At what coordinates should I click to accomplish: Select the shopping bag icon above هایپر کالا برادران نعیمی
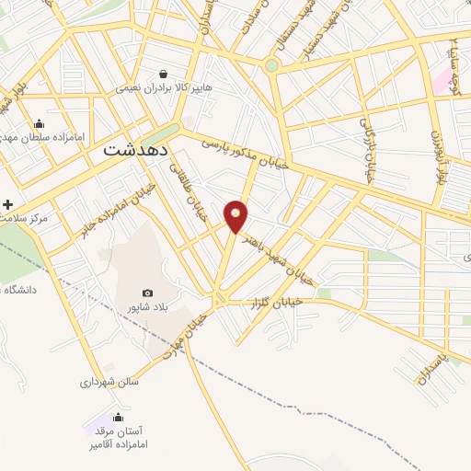pos(163,74)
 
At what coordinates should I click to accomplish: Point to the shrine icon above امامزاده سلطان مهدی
pos(39,124)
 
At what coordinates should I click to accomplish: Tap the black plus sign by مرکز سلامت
pos(8,203)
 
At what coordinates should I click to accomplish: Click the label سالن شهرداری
pos(109,381)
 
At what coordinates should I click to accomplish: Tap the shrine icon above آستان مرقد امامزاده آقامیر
pos(117,417)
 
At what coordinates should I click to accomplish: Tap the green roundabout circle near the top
pos(270,65)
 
